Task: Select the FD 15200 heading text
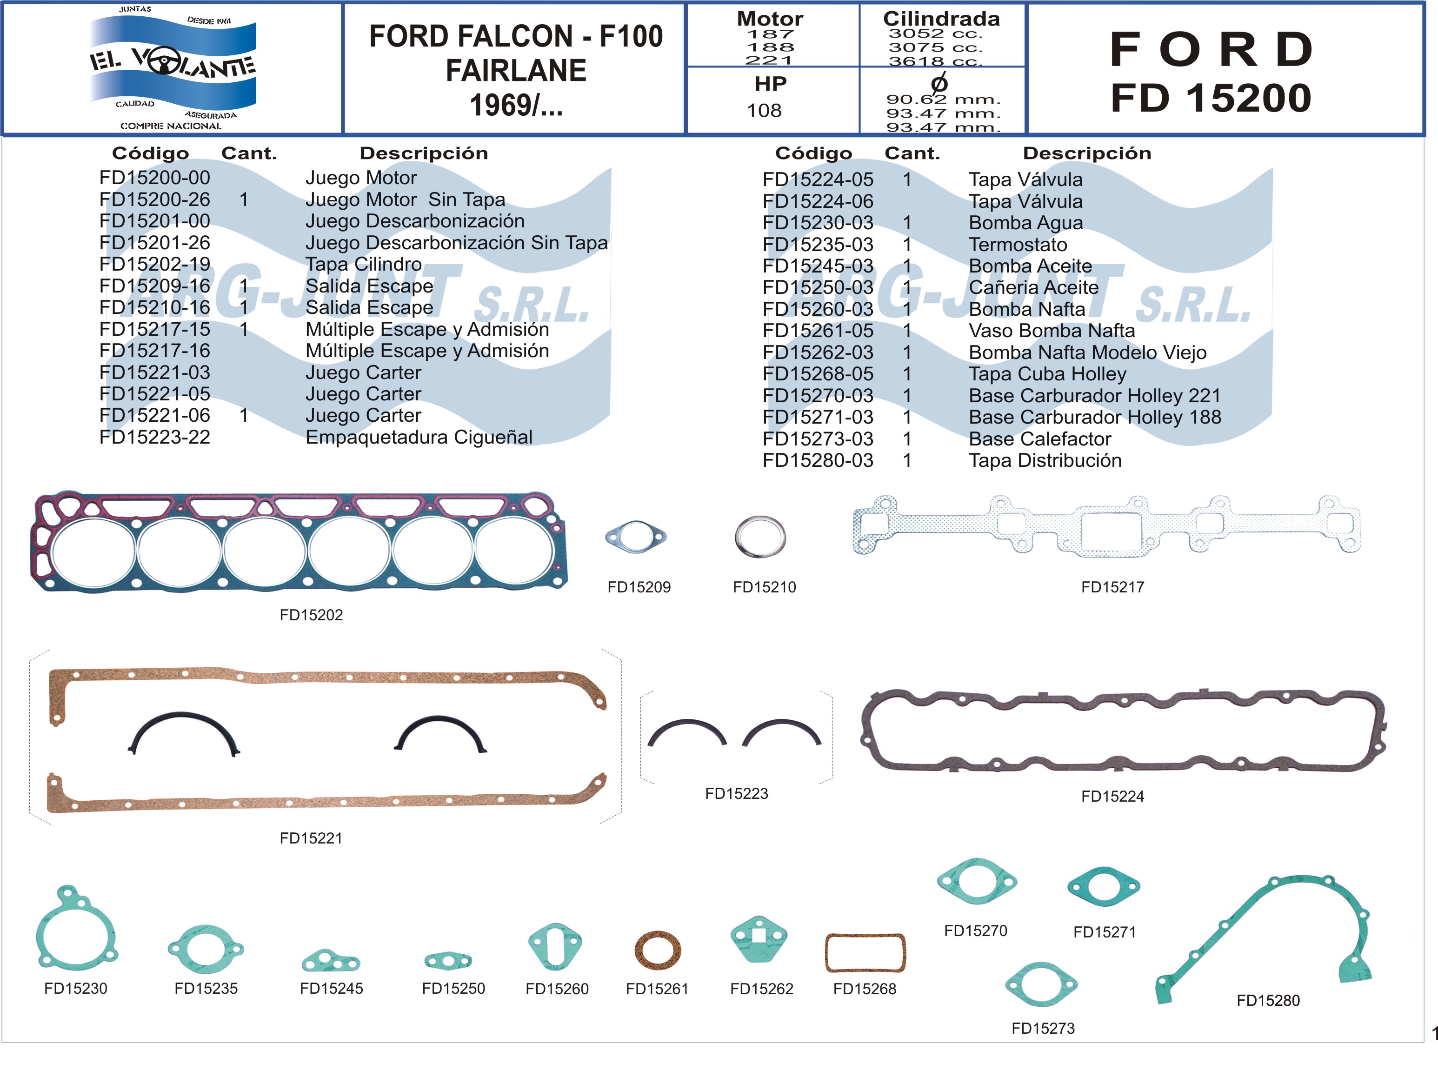1211,98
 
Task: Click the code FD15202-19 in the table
155,264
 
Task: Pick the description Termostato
1018,245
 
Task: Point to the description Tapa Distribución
1045,460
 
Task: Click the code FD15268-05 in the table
818,374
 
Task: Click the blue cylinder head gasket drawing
299,542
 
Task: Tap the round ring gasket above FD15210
760,537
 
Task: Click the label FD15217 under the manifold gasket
1112,587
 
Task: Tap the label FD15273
1043,1029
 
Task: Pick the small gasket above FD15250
448,960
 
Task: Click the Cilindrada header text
941,18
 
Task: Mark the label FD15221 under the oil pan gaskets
311,838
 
